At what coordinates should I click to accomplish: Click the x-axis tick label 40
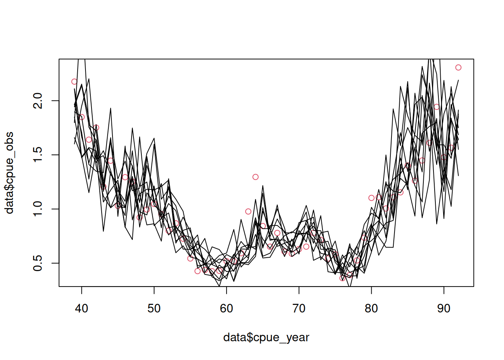[x=81, y=308]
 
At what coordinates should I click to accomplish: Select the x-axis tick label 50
[x=154, y=308]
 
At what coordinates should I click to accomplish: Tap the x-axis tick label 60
[x=226, y=308]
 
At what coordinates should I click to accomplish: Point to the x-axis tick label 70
[x=299, y=308]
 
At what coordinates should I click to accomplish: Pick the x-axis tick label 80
[x=371, y=308]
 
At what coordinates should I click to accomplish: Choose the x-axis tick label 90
[x=444, y=308]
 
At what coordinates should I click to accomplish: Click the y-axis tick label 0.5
[x=38, y=263]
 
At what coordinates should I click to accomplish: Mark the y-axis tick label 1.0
[x=38, y=209]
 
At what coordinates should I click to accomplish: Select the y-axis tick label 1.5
[x=38, y=155]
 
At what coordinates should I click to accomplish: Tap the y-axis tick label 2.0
[x=38, y=100]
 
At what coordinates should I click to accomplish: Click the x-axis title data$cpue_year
[x=266, y=337]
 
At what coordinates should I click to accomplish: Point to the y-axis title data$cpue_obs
[x=9, y=172]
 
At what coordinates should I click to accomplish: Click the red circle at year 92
[x=458, y=67]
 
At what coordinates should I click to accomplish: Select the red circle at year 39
[x=74, y=82]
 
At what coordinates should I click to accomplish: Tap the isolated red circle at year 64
[x=255, y=177]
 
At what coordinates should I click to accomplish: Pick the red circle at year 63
[x=248, y=211]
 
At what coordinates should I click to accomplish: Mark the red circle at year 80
[x=371, y=198]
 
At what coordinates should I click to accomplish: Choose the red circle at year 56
[x=198, y=271]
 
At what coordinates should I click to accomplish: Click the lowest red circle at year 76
[x=342, y=278]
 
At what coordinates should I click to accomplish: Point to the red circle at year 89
[x=436, y=107]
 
